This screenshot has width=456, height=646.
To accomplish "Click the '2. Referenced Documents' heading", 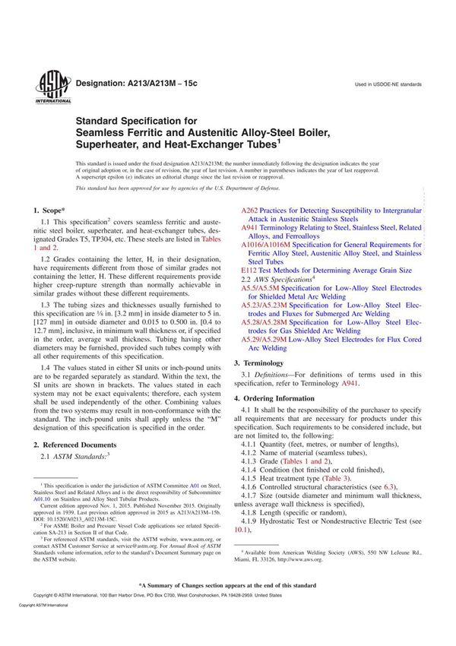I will click(x=75, y=444).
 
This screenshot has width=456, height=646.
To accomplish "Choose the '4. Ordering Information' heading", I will click(x=279, y=398).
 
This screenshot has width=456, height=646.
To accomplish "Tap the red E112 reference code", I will click(x=249, y=270).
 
